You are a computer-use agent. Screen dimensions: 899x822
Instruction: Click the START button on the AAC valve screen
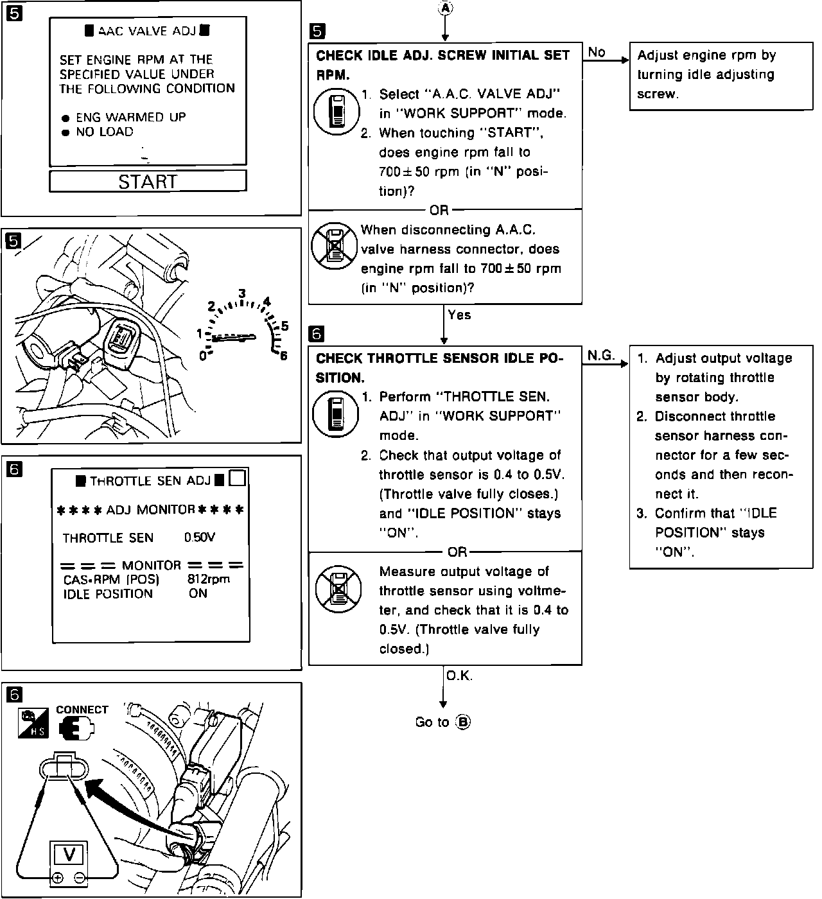(148, 181)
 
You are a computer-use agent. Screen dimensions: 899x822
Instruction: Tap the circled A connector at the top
(445, 8)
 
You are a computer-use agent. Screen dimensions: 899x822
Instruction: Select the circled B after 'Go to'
(463, 722)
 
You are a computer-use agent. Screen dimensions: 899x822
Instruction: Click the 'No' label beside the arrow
(597, 52)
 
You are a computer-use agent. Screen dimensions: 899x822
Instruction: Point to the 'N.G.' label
(601, 355)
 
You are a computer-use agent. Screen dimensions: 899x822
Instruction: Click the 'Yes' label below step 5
(459, 315)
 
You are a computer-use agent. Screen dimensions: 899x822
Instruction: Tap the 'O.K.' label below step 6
(459, 676)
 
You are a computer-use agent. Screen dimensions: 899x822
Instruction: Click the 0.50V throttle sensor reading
(200, 537)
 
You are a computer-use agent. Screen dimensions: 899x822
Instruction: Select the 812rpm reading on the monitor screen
(209, 579)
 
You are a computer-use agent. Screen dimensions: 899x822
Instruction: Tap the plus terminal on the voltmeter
(58, 877)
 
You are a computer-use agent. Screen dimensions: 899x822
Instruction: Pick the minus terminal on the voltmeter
(80, 877)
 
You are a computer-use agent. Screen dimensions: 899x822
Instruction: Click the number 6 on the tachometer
(283, 356)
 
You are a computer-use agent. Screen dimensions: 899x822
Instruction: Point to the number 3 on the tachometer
(242, 294)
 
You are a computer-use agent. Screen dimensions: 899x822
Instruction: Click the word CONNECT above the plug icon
(82, 710)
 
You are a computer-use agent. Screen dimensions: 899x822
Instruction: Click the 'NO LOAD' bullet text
(104, 132)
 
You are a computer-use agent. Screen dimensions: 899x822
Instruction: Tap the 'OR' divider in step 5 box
(439, 210)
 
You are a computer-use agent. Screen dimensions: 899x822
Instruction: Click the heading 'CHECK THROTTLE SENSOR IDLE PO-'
(439, 358)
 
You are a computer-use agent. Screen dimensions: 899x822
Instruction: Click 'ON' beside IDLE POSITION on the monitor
(198, 593)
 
